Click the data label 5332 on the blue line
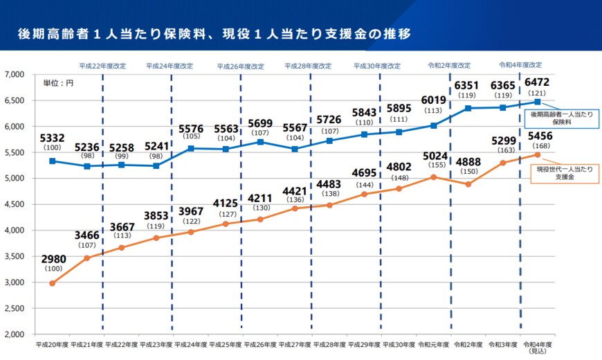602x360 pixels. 53,139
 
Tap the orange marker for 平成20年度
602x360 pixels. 53,283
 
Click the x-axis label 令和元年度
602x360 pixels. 434,343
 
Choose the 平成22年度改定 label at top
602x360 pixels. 102,66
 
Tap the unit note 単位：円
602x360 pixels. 58,82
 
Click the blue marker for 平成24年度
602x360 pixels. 191,148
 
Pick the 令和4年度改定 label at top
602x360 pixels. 520,65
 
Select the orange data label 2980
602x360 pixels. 53,260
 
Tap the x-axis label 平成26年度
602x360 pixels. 260,343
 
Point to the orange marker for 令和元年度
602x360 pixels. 434,177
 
